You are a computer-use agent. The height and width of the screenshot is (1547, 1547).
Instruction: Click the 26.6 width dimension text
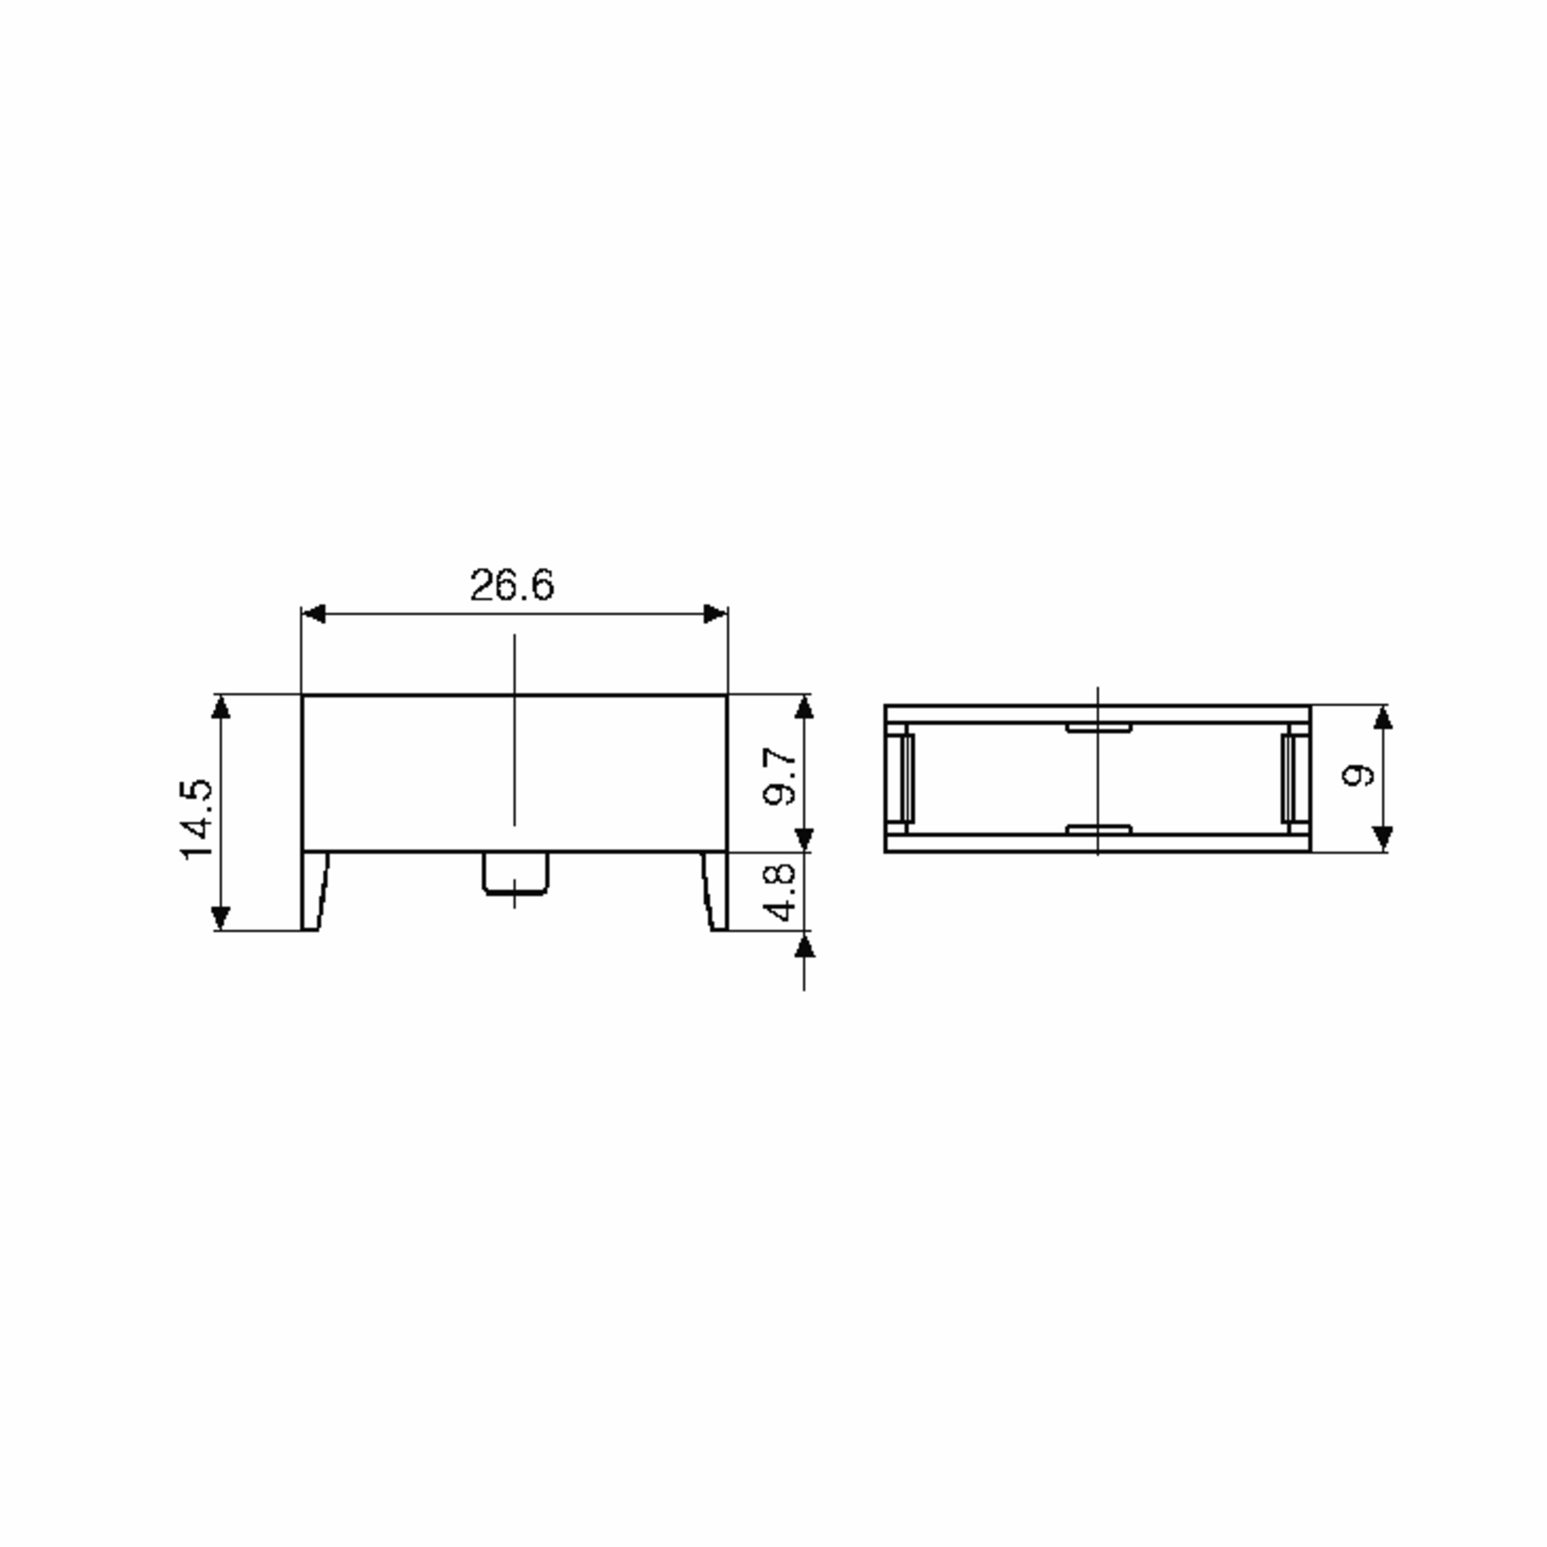(x=512, y=585)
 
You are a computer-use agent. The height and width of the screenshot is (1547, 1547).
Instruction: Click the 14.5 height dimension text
(x=196, y=819)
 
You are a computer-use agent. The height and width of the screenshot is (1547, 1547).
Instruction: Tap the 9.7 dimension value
(x=780, y=776)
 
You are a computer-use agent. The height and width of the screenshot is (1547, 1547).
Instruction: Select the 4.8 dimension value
(x=780, y=891)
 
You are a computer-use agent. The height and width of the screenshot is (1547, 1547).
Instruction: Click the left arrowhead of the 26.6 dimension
(x=313, y=614)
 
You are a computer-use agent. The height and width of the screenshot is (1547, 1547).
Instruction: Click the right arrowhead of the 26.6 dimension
(x=715, y=614)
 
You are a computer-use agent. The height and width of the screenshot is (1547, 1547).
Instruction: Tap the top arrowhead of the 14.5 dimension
(x=221, y=707)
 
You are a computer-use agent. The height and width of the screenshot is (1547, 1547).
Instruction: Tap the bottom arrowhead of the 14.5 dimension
(x=221, y=919)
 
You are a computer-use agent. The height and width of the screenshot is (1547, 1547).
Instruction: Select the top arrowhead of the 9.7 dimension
(x=804, y=707)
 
